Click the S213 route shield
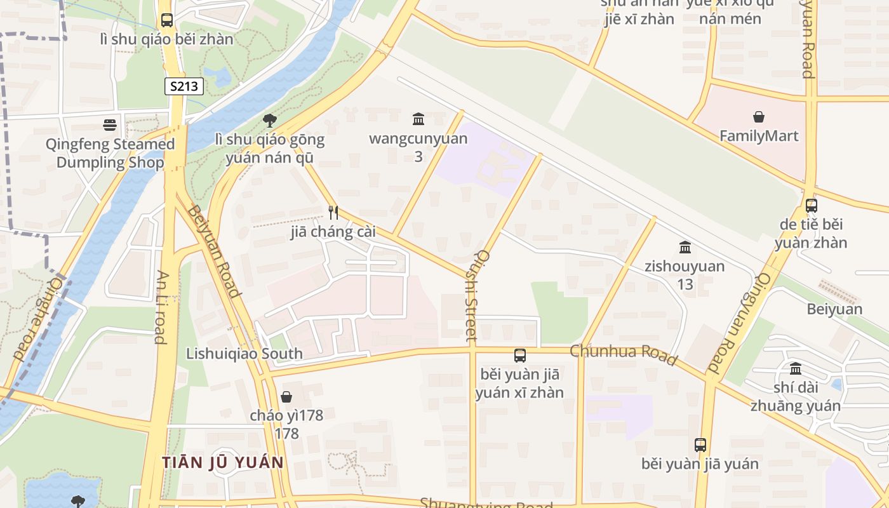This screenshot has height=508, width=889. coord(184,86)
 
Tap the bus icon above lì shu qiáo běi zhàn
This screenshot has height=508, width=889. coord(167,20)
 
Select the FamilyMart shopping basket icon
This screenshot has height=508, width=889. coord(758,117)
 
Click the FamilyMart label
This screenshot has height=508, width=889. coord(759,136)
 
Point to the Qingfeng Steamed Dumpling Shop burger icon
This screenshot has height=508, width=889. coord(110,125)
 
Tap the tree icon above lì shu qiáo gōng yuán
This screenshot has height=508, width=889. coord(270,120)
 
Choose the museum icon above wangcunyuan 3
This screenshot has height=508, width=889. coord(418,119)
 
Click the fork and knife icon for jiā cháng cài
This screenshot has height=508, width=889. coord(333,212)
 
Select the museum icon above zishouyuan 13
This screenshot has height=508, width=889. coord(685,247)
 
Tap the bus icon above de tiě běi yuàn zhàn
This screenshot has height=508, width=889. coord(811,205)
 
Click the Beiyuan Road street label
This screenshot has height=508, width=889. coord(215,251)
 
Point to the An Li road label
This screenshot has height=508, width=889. coord(161,307)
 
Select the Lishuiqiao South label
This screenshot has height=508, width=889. coord(244,354)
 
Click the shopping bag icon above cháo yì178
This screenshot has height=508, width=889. coord(286,397)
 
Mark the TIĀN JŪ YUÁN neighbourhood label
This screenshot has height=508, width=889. coord(222,462)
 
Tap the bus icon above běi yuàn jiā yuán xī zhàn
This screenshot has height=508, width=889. coord(519,356)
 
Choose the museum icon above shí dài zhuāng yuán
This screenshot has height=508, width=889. coord(795,368)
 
